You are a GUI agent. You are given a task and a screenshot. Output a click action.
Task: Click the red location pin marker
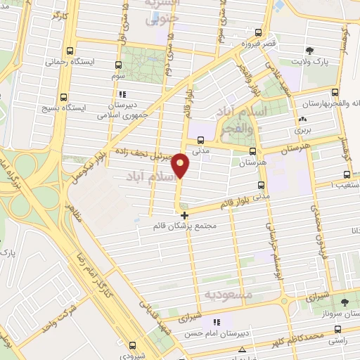(181, 165)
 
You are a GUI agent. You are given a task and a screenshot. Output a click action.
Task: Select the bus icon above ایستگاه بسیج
(64, 98)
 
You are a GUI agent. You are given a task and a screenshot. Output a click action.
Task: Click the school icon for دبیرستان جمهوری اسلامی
(122, 94)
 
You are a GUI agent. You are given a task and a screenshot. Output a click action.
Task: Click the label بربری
(302, 130)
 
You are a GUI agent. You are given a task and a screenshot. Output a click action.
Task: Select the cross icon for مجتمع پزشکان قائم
(184, 215)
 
